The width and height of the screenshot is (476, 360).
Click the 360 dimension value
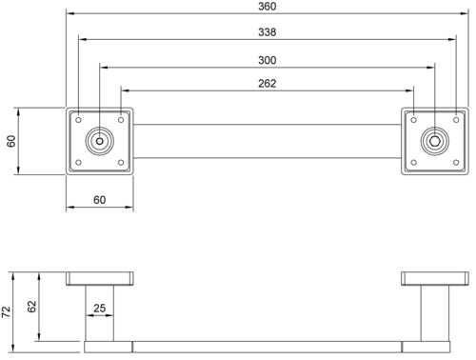pyautogui.click(x=267, y=7)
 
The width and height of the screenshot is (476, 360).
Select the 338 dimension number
pyautogui.click(x=267, y=32)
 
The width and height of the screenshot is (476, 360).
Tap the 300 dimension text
pyautogui.click(x=267, y=60)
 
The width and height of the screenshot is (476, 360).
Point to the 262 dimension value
pyautogui.click(x=267, y=83)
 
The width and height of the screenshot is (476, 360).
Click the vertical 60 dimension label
pyautogui.click(x=11, y=141)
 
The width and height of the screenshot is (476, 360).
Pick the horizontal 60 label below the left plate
pyautogui.click(x=99, y=200)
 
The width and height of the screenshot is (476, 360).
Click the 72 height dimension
pyautogui.click(x=6, y=312)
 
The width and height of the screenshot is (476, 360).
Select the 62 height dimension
pyautogui.click(x=31, y=307)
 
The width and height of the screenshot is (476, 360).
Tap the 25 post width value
pyautogui.click(x=99, y=308)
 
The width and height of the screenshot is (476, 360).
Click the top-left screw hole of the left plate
pyautogui.click(x=78, y=120)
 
